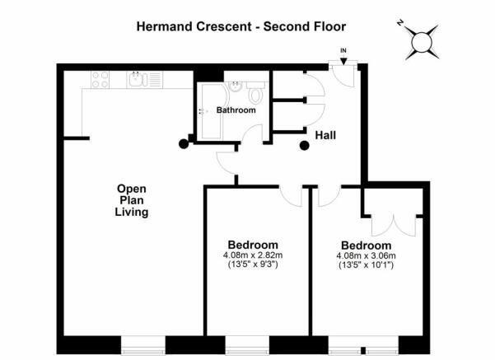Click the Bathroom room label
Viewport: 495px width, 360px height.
[236, 110]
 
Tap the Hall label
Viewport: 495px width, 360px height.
[325, 135]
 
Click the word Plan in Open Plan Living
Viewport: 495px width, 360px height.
[132, 200]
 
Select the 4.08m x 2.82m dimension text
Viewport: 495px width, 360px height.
[253, 255]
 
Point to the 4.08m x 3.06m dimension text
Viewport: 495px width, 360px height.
[367, 255]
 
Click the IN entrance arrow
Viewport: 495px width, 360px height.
[343, 61]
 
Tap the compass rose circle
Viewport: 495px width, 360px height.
[422, 42]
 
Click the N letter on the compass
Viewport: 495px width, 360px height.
[400, 23]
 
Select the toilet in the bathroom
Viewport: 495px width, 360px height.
[255, 92]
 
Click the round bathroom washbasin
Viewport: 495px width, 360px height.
[235, 86]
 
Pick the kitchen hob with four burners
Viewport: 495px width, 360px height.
[100, 80]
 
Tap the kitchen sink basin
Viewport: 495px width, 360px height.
[136, 80]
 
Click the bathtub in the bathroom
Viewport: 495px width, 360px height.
[212, 111]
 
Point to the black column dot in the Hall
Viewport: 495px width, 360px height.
[304, 146]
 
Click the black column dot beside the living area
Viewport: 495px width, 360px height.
[184, 144]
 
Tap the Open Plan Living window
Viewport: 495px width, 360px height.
[143, 345]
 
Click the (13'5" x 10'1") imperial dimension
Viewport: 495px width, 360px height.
[367, 265]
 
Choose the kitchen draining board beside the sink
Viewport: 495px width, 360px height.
[156, 80]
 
